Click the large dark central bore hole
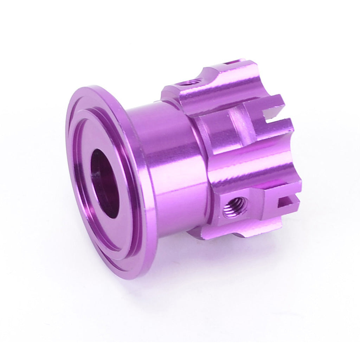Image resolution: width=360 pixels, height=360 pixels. (x=105, y=183)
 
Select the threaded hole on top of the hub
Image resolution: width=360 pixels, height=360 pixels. (x=189, y=83)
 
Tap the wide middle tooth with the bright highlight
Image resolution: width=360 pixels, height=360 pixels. (x=253, y=165)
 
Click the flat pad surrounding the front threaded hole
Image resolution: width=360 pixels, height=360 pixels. (x=246, y=211)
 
